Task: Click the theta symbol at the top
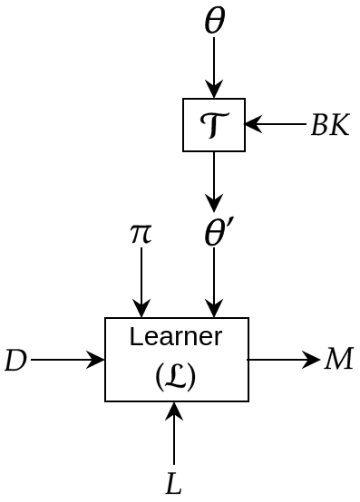click(214, 21)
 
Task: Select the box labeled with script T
click(214, 125)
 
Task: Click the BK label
click(329, 125)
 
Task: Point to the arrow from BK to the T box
click(276, 124)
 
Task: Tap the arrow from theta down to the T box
click(214, 68)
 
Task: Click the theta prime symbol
click(218, 234)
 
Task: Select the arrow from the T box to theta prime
click(214, 181)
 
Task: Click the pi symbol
click(141, 233)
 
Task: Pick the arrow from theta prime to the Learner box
click(214, 283)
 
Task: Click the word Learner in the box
click(176, 337)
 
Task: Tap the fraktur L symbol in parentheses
click(176, 374)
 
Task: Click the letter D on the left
click(15, 361)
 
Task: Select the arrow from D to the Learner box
click(68, 360)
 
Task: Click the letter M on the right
click(338, 359)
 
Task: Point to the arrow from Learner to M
click(283, 360)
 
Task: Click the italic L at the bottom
click(174, 483)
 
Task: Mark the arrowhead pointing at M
click(313, 360)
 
